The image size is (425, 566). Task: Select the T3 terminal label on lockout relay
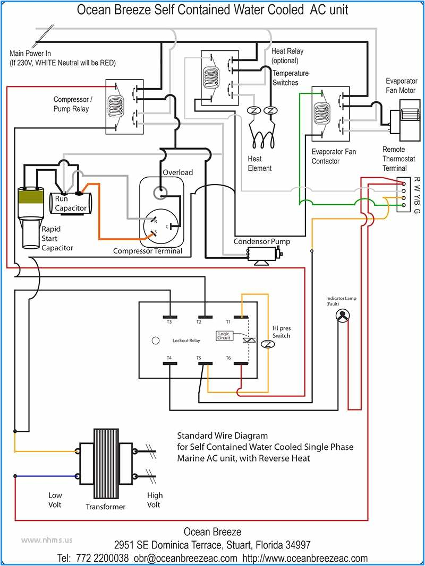[x=169, y=322]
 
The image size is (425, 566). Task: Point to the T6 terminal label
[x=229, y=358]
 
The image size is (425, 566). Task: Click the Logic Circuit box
[x=223, y=335]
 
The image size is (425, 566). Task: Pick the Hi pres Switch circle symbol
[x=269, y=344]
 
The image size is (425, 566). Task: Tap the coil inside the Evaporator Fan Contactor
[x=322, y=112]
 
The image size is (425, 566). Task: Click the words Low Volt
[x=55, y=500]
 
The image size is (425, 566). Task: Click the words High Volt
[x=155, y=500]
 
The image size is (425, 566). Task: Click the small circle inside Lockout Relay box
[x=156, y=340]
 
